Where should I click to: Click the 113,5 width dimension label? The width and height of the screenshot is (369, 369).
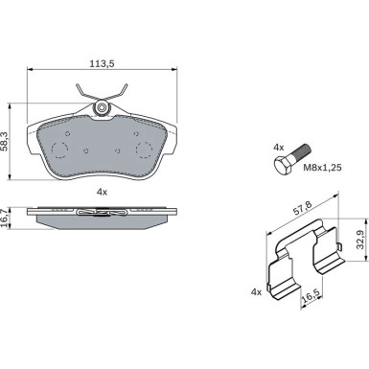coord(102,64)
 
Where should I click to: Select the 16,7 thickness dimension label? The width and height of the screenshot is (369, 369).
coord(4,219)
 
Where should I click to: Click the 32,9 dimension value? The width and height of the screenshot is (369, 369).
coord(361,240)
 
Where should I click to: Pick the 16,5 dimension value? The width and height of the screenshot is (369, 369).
coord(311,296)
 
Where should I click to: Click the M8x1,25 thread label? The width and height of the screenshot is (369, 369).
coord(322,167)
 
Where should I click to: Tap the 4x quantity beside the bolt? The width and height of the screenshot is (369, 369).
coord(279,148)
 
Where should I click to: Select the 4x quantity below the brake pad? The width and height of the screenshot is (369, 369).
coord(102,192)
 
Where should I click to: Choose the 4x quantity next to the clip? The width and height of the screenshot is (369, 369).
coord(256,291)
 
